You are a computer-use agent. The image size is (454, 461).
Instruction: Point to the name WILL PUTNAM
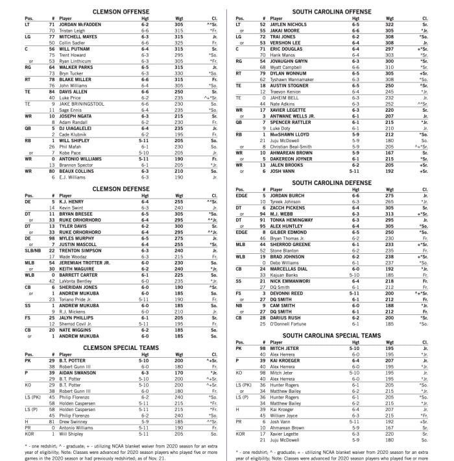[x=74, y=48]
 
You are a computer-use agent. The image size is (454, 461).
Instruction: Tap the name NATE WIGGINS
[x=74, y=329]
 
